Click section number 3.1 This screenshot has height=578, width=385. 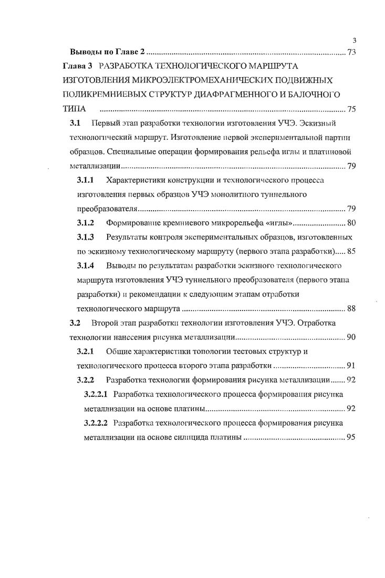75,124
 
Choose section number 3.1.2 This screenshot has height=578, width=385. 86,222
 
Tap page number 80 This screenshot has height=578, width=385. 352,222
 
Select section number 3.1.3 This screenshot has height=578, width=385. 86,236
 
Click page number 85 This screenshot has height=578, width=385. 352,251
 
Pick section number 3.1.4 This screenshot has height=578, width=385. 86,265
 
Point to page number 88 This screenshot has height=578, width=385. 352,308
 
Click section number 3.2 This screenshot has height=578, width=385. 75,322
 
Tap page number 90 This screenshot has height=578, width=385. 352,336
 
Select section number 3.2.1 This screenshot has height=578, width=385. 86,350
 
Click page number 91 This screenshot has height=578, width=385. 352,365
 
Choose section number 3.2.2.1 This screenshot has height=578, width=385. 96,394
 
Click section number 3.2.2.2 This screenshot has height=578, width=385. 96,422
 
